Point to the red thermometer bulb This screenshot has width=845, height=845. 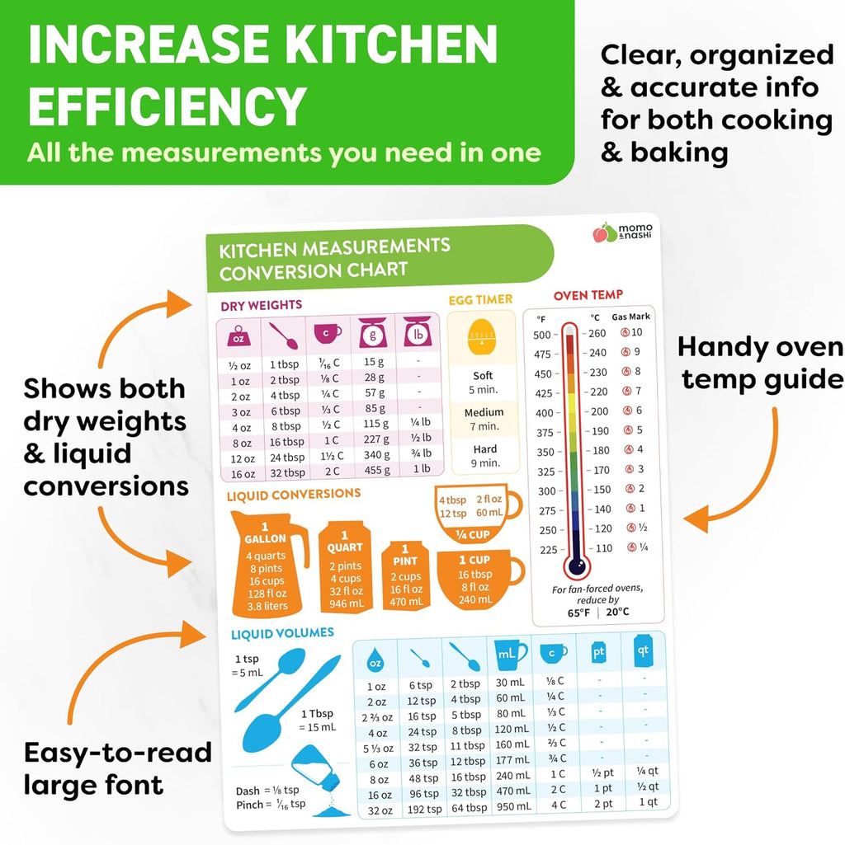click(x=576, y=566)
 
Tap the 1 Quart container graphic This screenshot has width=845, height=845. click(x=346, y=567)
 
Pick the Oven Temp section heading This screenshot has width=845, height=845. click(x=588, y=294)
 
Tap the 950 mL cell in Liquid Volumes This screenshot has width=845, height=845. click(x=513, y=807)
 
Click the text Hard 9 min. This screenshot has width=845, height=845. click(x=485, y=456)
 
